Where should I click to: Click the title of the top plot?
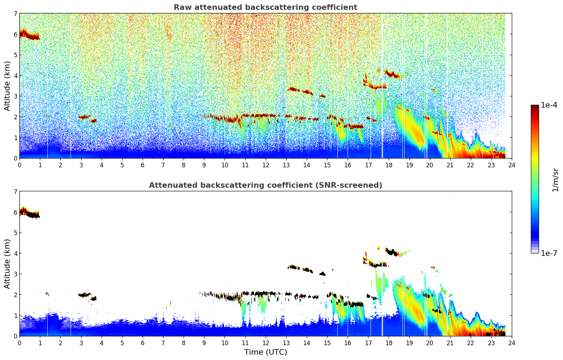click(265, 7)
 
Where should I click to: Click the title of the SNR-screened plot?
click(265, 185)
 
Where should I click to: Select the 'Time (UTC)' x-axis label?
click(265, 352)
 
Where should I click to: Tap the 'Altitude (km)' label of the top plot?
click(7, 86)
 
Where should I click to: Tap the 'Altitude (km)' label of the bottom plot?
click(7, 264)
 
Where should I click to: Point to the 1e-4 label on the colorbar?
click(549, 105)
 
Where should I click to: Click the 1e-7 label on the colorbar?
click(549, 253)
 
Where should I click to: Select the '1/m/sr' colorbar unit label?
click(555, 180)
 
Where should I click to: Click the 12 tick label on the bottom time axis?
click(265, 343)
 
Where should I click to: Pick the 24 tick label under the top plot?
click(511, 165)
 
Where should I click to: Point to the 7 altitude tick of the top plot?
click(15, 14)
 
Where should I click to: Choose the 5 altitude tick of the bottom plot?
click(15, 233)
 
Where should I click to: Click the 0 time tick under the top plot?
click(19, 165)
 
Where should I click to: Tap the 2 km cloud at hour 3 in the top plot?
click(84, 117)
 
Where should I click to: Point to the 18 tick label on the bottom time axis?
click(389, 343)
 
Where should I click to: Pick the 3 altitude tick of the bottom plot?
click(15, 274)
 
